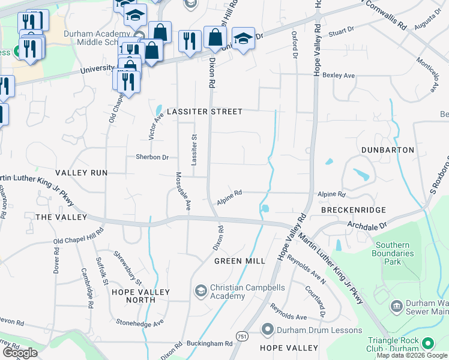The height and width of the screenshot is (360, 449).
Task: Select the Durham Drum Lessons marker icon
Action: pos(268,329)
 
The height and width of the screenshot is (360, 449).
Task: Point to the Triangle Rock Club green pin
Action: pos(428,343)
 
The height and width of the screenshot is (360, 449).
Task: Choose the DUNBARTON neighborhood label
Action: pos(388,149)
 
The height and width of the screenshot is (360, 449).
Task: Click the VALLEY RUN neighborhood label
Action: pos(81,173)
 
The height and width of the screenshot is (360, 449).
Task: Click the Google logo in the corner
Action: pos(20,353)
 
